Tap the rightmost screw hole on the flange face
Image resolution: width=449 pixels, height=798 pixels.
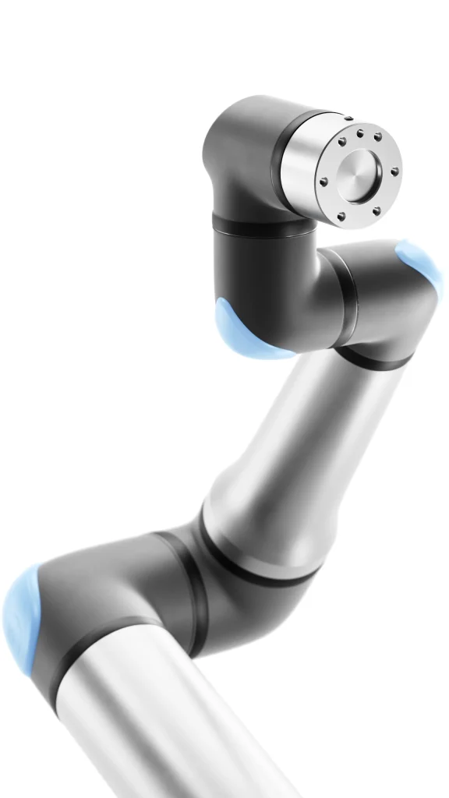[395, 171]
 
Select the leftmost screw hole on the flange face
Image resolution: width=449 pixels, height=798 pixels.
[323, 182]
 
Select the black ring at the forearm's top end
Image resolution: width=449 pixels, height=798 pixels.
[374, 360]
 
